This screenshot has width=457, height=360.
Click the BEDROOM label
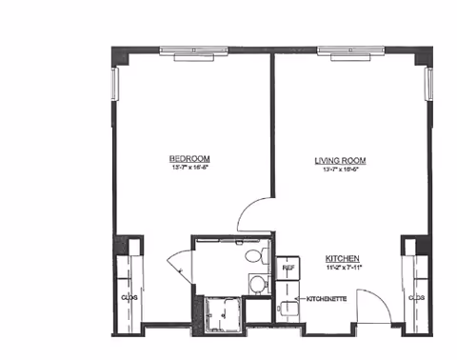coord(189,158)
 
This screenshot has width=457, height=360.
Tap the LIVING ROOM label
coord(340,160)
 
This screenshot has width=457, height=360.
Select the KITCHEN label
coord(342,258)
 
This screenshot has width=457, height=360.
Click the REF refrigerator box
coord(288,269)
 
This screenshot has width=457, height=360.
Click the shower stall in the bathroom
coord(222,314)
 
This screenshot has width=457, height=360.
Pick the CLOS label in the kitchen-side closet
coord(415,297)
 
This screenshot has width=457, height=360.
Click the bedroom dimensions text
coord(189,169)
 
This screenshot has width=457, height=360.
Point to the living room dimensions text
coord(340,170)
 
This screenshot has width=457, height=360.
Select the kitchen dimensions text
coord(342,269)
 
